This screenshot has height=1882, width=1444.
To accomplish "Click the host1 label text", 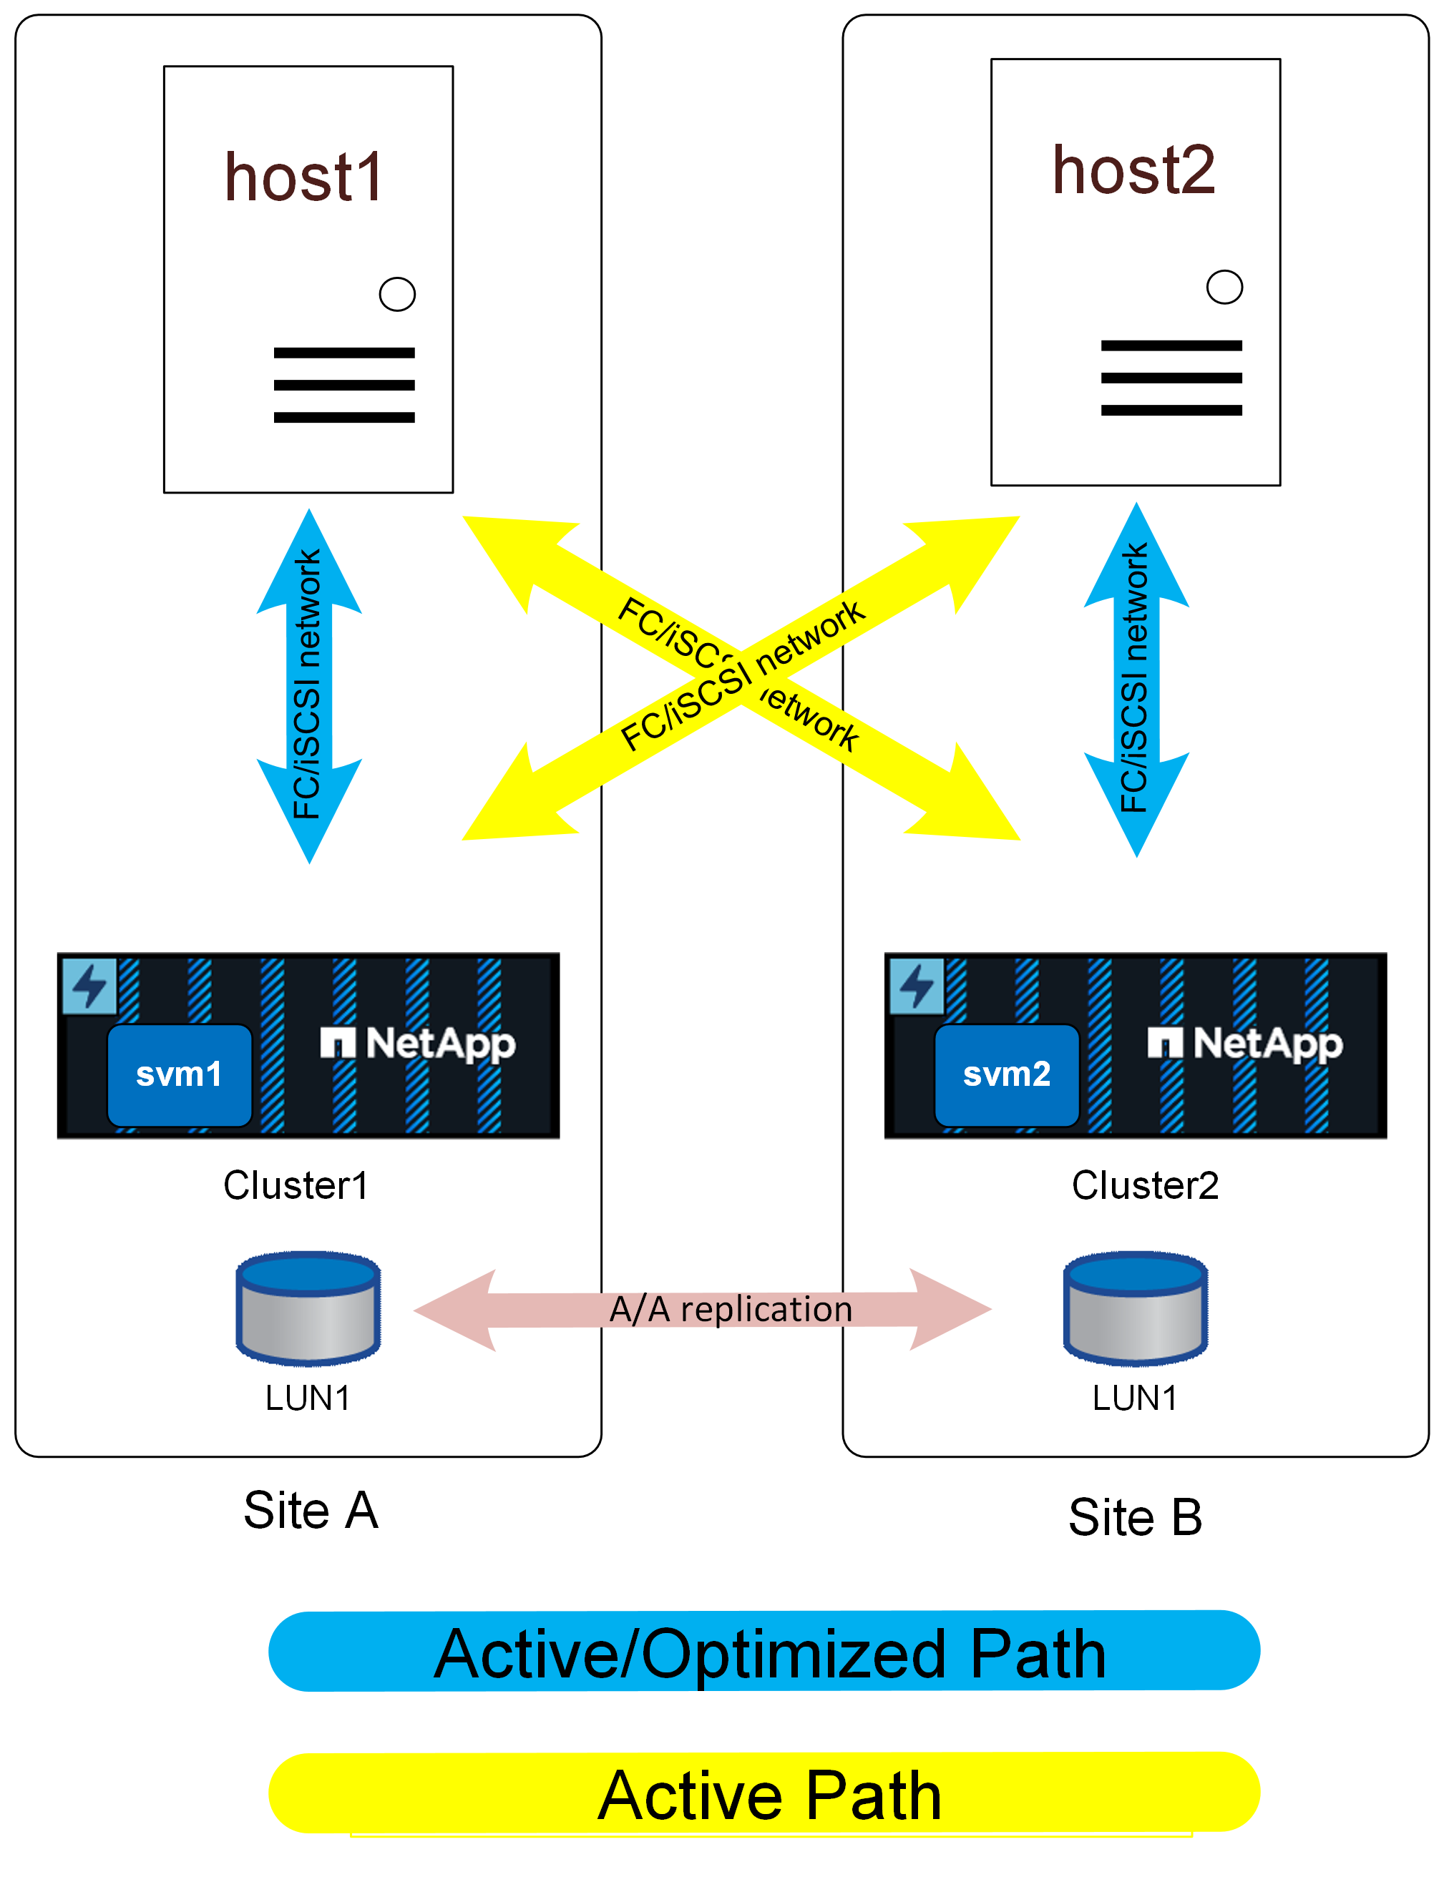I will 303,178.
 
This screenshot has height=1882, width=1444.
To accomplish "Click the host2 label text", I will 1133,170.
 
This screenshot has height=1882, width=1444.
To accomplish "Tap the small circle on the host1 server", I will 397,294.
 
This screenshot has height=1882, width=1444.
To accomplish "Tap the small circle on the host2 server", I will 1224,287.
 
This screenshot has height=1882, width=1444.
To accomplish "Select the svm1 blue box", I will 179,1074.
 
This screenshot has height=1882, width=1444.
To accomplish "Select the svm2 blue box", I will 1007,1074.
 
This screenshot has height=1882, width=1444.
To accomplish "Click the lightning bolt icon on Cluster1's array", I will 89,985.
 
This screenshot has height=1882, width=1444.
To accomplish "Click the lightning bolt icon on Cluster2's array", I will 916,985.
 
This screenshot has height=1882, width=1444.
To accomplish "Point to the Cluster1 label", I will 296,1185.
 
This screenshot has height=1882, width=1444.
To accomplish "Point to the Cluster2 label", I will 1145,1185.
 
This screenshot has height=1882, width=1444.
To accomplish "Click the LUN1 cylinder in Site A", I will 308,1307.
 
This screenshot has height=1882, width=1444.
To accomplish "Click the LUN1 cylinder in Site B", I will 1136,1307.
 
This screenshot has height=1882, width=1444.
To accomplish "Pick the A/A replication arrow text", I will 731,1309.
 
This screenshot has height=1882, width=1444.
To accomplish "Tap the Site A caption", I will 311,1510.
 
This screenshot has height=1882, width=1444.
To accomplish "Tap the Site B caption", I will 1135,1516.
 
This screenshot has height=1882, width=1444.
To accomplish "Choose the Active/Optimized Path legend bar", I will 764,1652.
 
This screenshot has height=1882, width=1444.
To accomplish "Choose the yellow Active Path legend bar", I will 764,1793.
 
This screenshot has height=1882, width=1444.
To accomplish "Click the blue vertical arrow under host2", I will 1136,679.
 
